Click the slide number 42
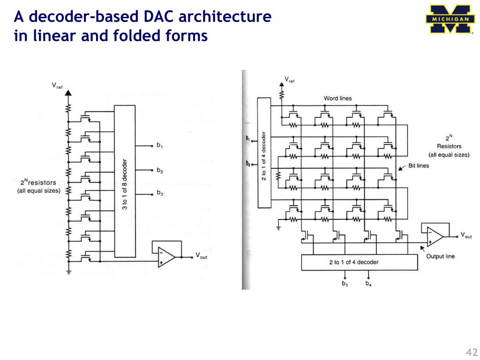point(471,353)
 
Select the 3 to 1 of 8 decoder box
point(125,181)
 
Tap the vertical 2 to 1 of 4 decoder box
point(264,152)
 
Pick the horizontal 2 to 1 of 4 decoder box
point(359,262)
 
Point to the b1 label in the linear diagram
point(160,147)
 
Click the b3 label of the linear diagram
point(160,193)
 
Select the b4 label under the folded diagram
point(368,284)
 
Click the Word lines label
point(337,98)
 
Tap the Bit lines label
point(419,165)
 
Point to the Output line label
point(440,256)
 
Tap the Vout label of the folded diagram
point(466,235)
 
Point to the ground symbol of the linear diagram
point(68,270)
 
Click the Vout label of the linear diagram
point(201,256)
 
